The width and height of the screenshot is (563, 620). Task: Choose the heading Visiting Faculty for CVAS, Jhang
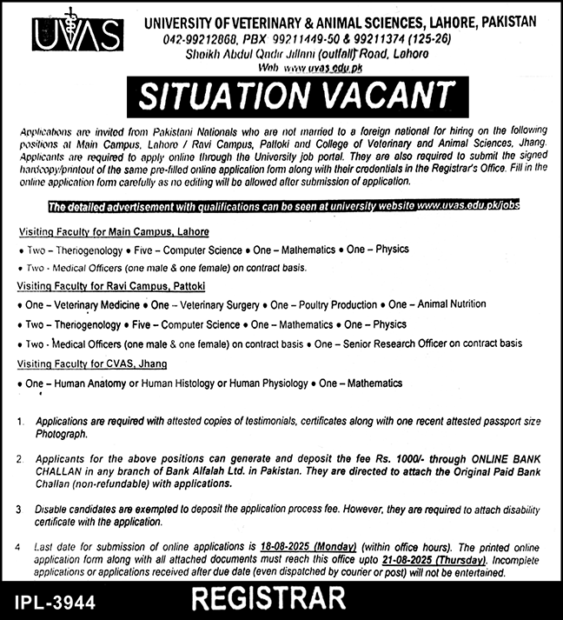click(x=91, y=363)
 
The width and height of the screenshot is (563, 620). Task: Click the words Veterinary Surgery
click(x=217, y=305)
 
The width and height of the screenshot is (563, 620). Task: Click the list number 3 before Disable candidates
click(x=19, y=507)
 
